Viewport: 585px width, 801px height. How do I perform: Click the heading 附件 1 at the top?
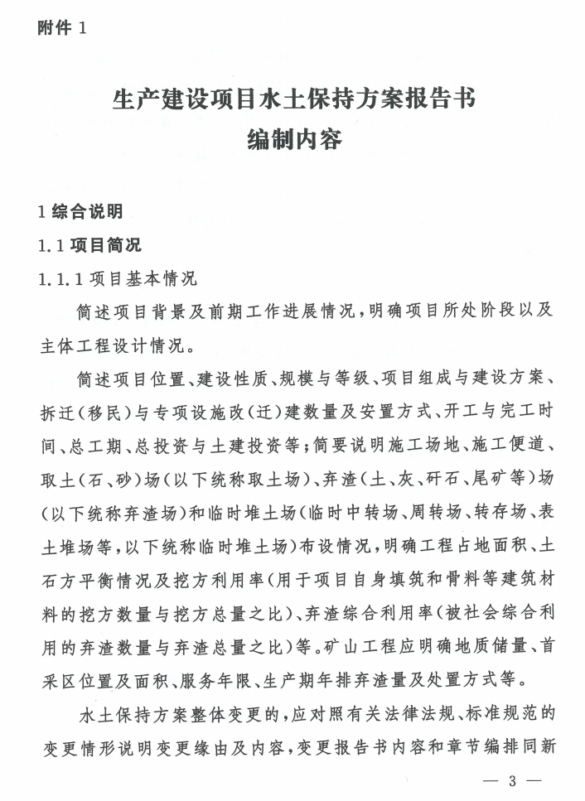click(62, 28)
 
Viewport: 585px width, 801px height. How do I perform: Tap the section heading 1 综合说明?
click(81, 211)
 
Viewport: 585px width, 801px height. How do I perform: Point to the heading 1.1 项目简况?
click(90, 246)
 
